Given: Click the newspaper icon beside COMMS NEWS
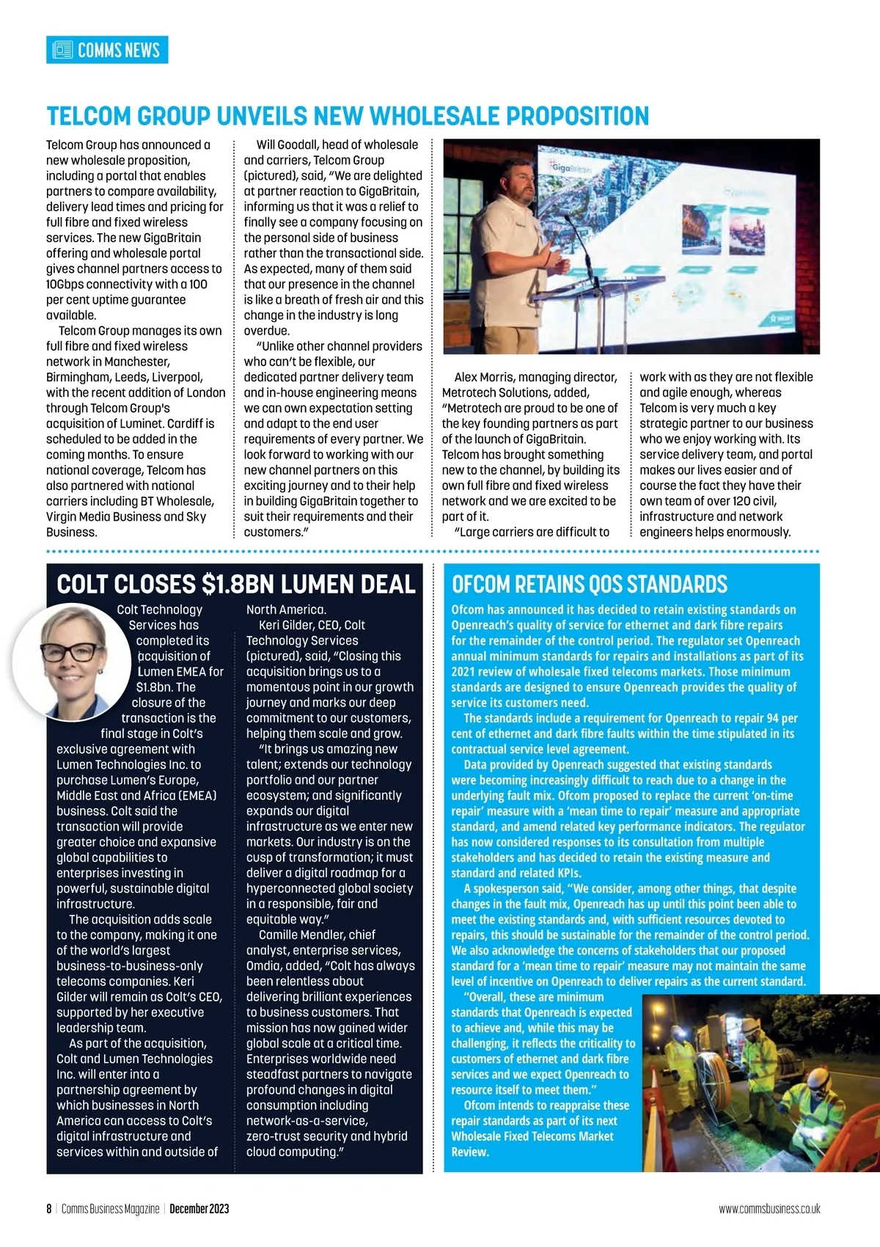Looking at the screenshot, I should click(63, 50).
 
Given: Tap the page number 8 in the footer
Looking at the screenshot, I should click(49, 1209).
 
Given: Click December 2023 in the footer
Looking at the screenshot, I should click(199, 1209).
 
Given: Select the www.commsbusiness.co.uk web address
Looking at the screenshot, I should click(769, 1209).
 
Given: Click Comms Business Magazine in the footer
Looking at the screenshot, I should click(110, 1209).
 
